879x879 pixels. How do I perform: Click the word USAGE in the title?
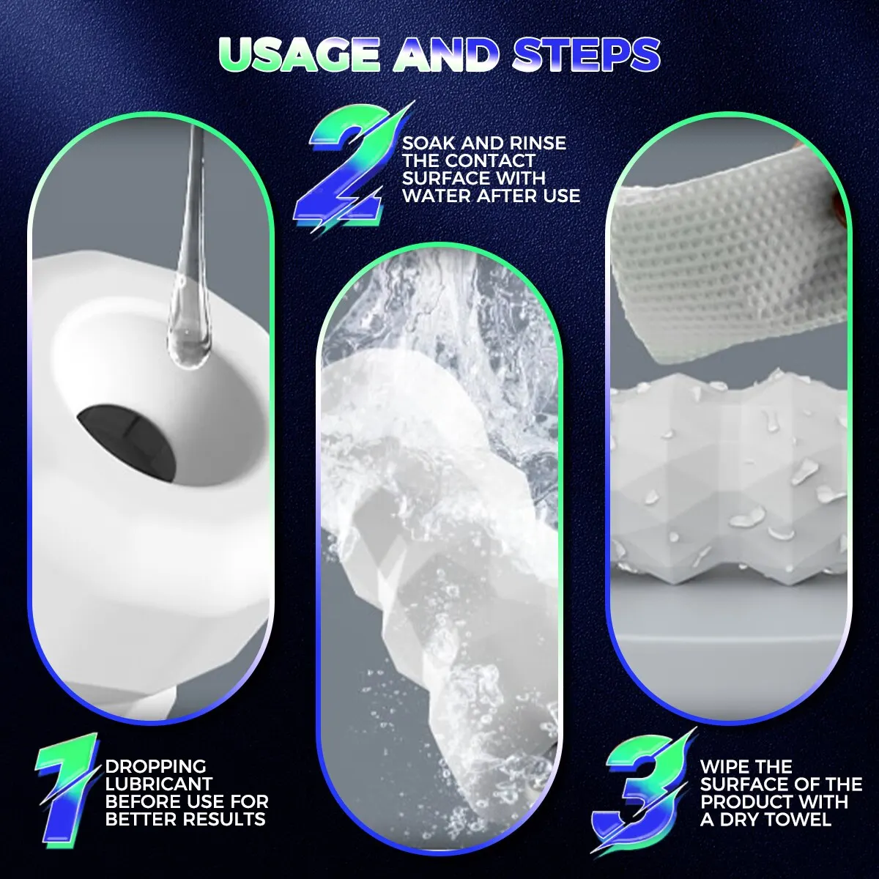(299, 55)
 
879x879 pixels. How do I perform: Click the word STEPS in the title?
(586, 55)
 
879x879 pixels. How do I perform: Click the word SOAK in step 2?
(429, 144)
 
